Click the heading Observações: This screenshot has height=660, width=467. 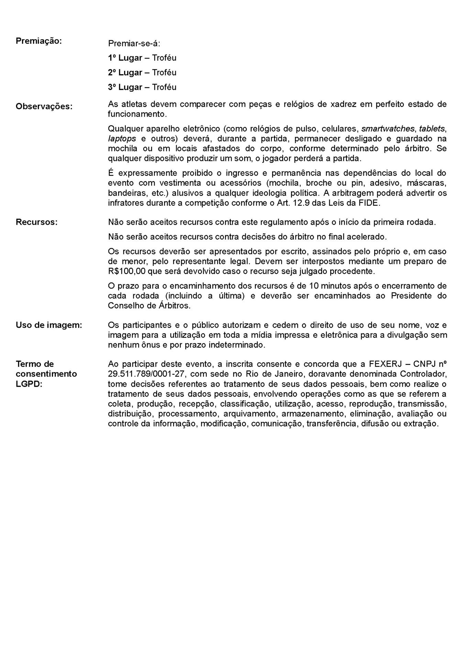pos(44,107)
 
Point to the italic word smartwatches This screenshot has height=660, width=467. pos(388,129)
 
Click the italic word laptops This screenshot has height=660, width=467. pos(122,139)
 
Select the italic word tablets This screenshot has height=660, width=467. pos(432,129)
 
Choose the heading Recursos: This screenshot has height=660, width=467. pos(36,222)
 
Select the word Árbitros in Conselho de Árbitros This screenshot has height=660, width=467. pos(174,306)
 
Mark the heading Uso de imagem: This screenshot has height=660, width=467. pos(49,325)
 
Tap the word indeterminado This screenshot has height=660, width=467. pos(237,345)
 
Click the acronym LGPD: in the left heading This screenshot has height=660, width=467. pos(29,384)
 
